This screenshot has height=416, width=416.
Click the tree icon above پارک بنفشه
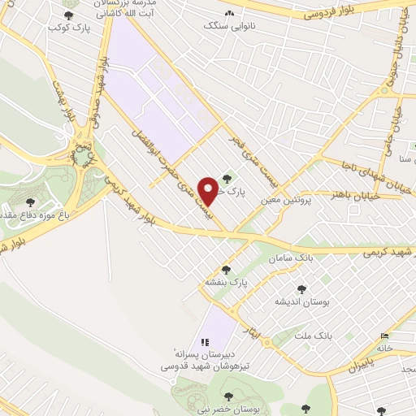coord(226,269)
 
